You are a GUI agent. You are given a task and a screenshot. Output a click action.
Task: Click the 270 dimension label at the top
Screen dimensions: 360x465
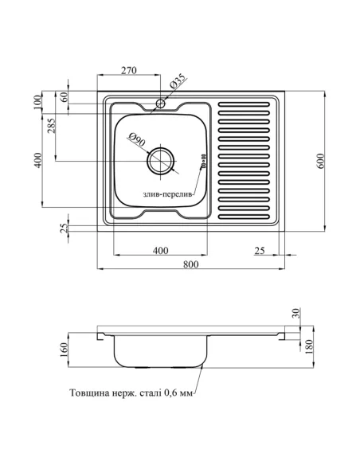pyautogui.click(x=129, y=70)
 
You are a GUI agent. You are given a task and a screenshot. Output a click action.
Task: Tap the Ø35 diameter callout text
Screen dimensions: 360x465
pyautogui.click(x=178, y=81)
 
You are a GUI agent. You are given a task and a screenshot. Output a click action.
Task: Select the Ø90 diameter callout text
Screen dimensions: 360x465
pyautogui.click(x=137, y=139)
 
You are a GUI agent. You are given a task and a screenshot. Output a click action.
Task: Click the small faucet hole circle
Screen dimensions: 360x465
pyautogui.click(x=160, y=104)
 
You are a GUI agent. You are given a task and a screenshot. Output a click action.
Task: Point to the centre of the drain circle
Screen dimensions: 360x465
pyautogui.click(x=160, y=162)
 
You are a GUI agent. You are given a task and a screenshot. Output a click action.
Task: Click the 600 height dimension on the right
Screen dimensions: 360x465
pyautogui.click(x=322, y=161)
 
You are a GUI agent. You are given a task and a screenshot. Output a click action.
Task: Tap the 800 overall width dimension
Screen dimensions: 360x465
pyautogui.click(x=190, y=264)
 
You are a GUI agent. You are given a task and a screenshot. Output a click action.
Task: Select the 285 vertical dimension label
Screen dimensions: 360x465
pyautogui.click(x=51, y=126)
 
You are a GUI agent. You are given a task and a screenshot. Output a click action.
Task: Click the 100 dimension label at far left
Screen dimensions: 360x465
pyautogui.click(x=38, y=102)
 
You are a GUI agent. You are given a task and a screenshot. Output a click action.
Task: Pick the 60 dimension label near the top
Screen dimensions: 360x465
pyautogui.click(x=64, y=96)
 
